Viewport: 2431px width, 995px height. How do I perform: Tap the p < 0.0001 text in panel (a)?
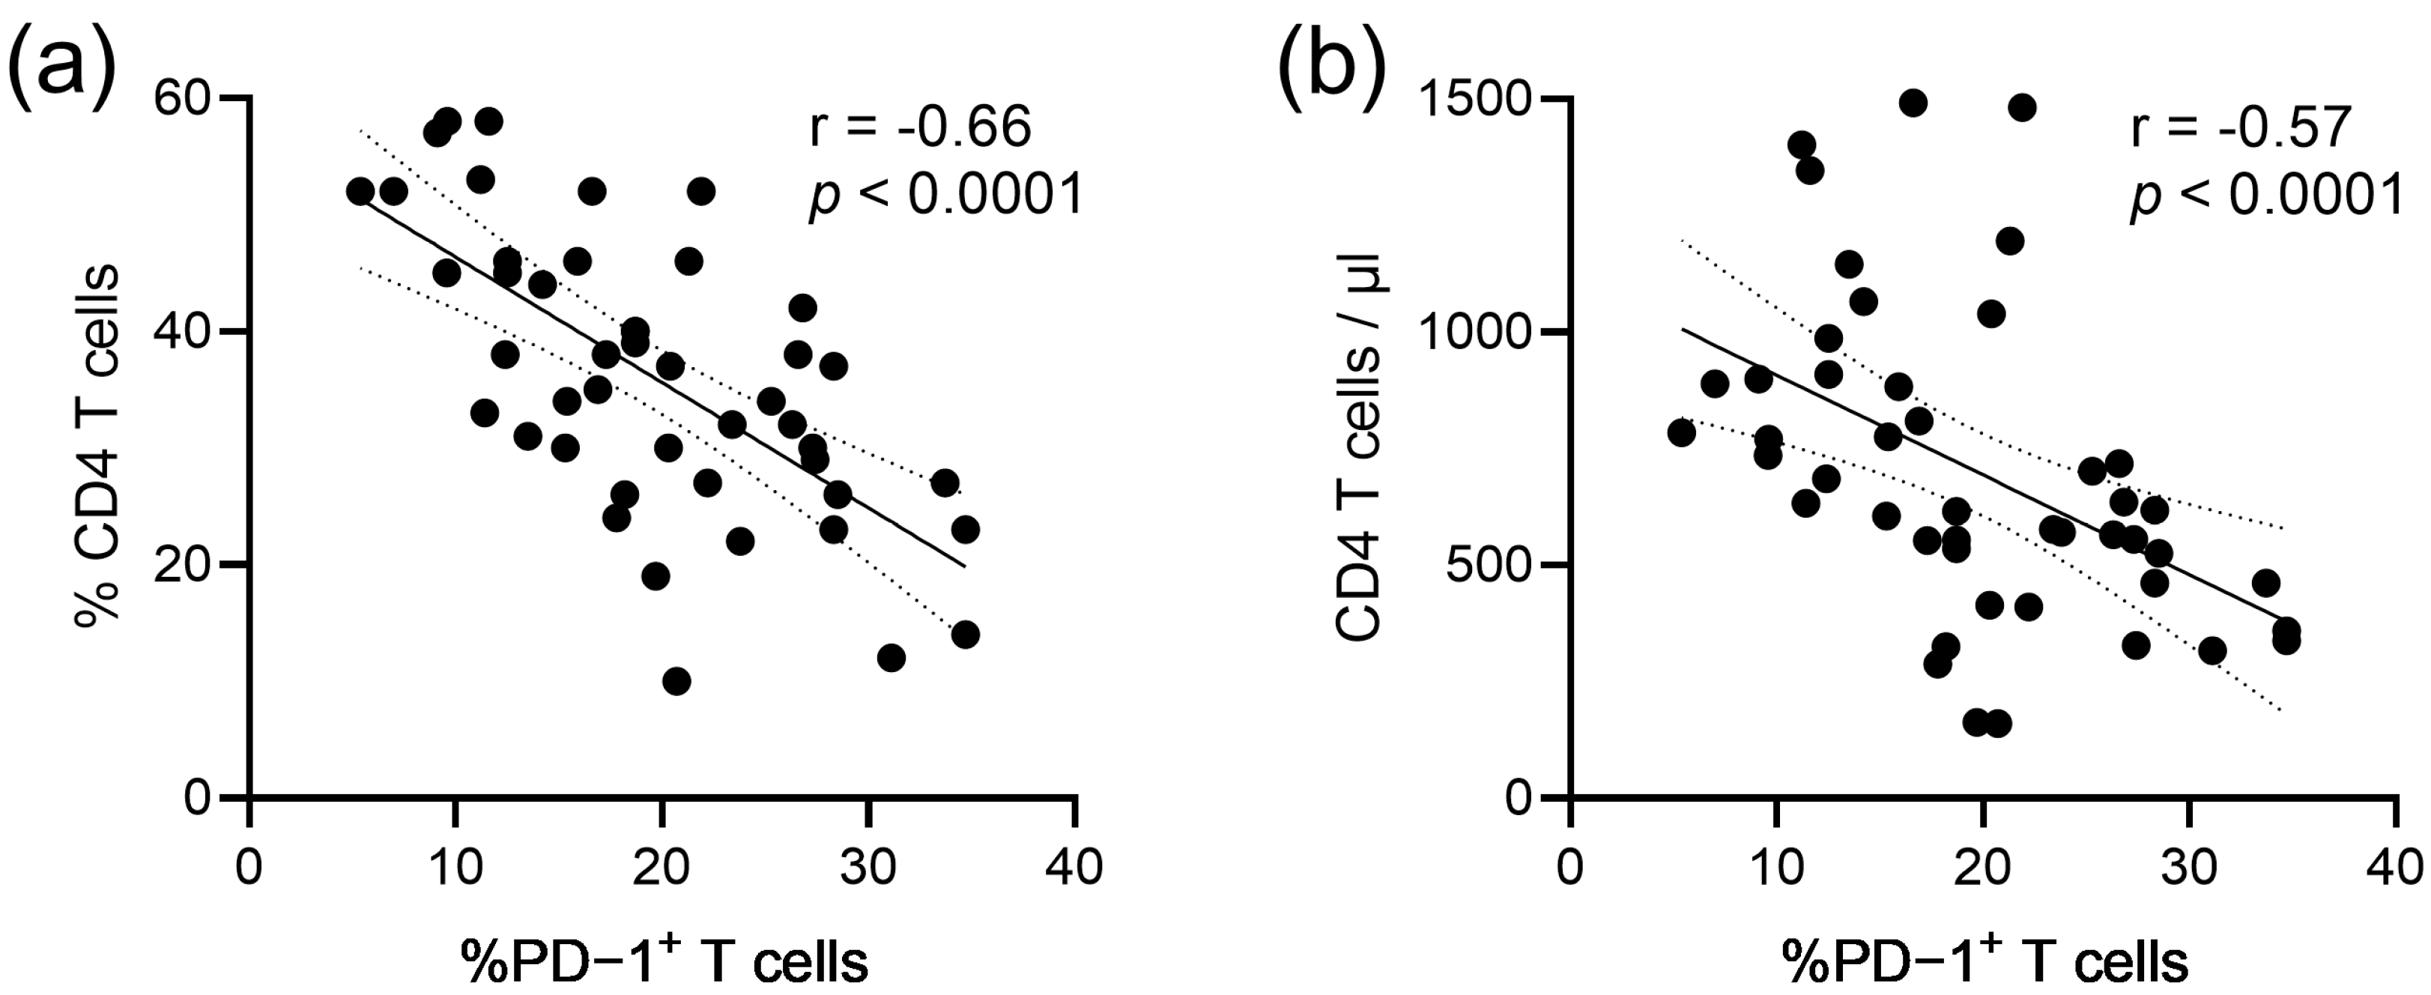coord(945,199)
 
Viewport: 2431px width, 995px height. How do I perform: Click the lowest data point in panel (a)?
coord(676,680)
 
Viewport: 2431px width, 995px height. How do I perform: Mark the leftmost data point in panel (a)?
coord(360,191)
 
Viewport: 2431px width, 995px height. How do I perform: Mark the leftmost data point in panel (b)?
coord(1681,432)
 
